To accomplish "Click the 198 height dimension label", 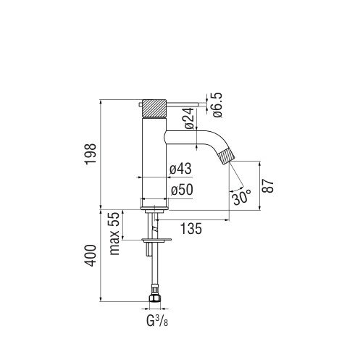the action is click(91, 154).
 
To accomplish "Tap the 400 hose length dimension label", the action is click(91, 256).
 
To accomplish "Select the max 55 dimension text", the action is click(114, 233).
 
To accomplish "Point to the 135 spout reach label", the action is click(191, 229).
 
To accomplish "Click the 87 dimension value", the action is click(268, 185).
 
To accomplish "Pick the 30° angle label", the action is click(242, 197).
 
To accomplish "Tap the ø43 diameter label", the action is click(180, 168).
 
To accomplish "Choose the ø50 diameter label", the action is click(182, 190).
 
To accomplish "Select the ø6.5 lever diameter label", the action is click(217, 105).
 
